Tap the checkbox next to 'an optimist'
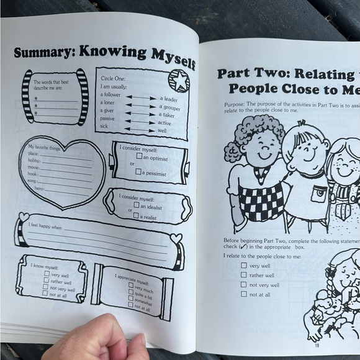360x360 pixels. (139, 158)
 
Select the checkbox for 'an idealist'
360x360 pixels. (136, 205)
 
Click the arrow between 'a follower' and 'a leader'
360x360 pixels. (141, 97)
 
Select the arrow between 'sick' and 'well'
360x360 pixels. (140, 129)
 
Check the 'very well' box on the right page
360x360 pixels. (244, 265)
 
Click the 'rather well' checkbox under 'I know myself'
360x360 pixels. (46, 281)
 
